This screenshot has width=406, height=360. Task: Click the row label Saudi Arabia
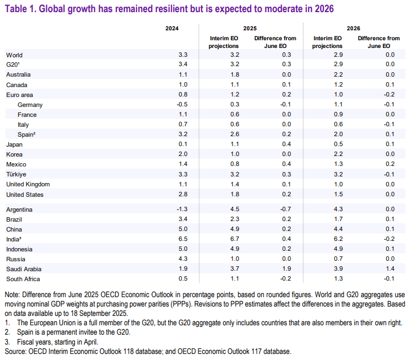point(24,268)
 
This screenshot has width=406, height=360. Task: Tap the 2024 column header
point(172,28)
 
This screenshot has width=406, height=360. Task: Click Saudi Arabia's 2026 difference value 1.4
point(389,268)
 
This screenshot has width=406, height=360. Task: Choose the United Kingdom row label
point(28,184)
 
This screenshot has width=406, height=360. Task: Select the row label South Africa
point(23,278)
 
